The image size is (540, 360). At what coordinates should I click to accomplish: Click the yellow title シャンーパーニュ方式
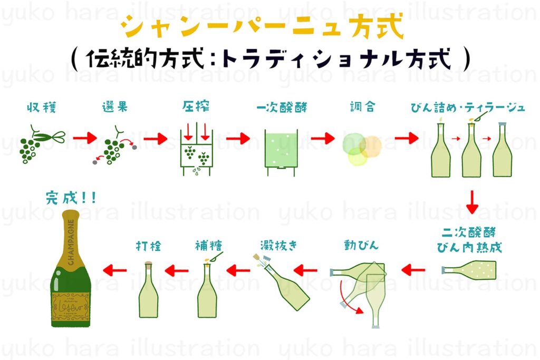coord(262,27)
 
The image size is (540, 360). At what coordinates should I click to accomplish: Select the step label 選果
coord(114,108)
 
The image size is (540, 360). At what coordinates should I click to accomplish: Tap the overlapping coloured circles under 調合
coord(361,149)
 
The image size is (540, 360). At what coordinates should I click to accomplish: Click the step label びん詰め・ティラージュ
coord(468,108)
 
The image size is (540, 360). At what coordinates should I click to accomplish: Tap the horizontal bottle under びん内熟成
coord(469,270)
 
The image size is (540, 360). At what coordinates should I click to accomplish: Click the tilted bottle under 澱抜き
coord(287,287)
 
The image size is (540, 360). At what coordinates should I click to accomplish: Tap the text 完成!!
coord(71,200)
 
